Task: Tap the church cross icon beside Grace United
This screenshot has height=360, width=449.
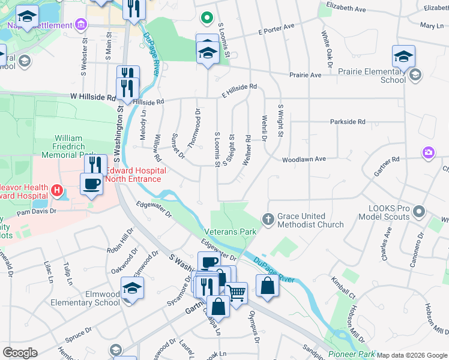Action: click(x=269, y=220)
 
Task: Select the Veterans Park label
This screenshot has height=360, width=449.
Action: click(x=230, y=232)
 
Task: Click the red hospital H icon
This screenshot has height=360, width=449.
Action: click(x=57, y=191)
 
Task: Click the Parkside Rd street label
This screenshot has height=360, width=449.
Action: click(x=348, y=122)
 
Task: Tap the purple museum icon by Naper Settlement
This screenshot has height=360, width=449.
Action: click(x=82, y=25)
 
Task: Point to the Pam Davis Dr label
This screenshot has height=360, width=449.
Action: click(x=36, y=212)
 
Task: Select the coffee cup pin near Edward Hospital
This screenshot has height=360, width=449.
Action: click(x=91, y=183)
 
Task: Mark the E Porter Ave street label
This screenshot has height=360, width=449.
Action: click(x=276, y=28)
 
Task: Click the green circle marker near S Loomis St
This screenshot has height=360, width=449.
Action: click(x=206, y=18)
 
